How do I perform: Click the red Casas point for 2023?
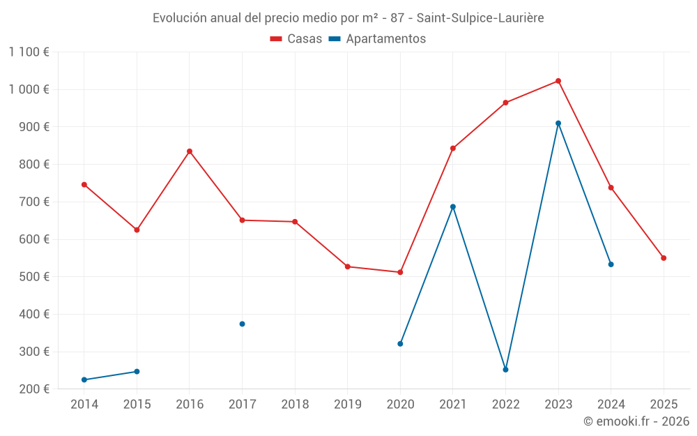558,81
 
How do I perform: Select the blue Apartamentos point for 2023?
558,123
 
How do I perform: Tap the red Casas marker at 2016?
190,151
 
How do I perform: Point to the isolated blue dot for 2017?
242,324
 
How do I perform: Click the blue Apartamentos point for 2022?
505,370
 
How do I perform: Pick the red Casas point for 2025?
664,258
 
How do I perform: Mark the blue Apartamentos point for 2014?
84,380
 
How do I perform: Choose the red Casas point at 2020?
400,272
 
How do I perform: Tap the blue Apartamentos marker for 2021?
453,206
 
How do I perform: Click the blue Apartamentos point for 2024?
611,264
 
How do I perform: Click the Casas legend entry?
296,39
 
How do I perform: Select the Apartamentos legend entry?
377,39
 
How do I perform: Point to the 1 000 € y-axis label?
29,89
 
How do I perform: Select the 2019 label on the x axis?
348,405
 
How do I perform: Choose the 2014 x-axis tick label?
84,405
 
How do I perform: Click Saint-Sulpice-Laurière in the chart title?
480,18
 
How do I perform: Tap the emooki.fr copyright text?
636,421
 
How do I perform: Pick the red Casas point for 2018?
295,222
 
